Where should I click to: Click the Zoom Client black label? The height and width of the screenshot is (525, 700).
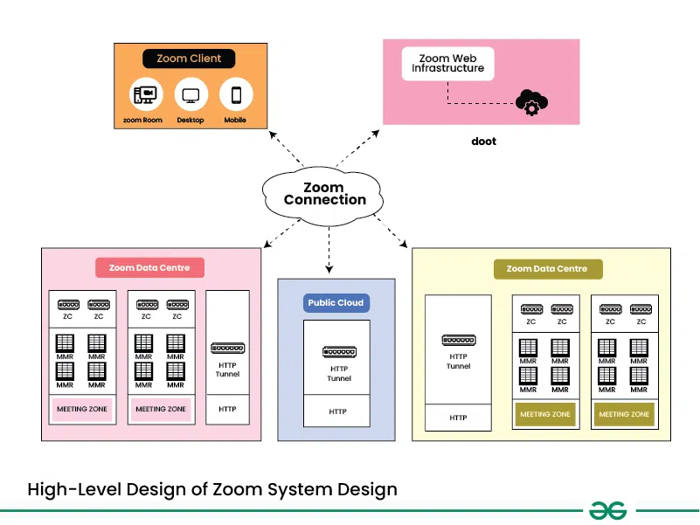189,59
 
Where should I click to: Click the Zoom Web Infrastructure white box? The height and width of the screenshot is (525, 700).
447,64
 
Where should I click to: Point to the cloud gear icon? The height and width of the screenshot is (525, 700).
530,102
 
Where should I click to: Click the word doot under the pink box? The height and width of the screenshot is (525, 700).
483,141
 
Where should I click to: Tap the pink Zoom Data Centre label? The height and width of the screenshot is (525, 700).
149,267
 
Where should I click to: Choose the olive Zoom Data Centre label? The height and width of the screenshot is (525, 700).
547,269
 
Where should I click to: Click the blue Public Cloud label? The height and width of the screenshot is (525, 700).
336,303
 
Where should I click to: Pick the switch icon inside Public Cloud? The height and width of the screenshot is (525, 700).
338,352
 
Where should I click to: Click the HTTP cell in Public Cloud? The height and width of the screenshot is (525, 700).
337,411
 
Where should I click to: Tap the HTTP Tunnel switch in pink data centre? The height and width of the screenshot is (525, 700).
227,349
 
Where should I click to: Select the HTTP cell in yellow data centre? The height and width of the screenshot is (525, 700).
458,418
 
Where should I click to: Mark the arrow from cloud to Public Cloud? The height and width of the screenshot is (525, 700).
329,253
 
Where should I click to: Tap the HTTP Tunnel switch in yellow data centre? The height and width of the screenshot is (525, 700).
458,340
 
